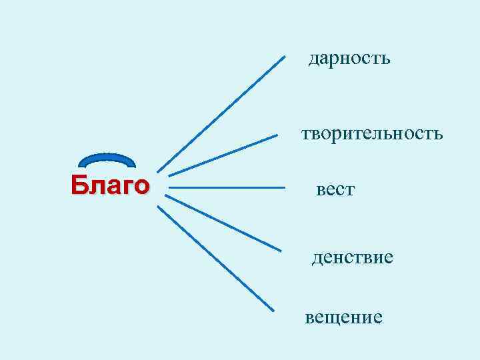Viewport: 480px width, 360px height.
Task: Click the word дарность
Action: coord(349,59)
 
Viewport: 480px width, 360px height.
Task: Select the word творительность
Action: coord(371,134)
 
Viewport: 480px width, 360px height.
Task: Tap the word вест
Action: coord(335,191)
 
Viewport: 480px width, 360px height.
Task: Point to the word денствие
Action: coord(352,257)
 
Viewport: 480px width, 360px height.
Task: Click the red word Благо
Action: coord(110,184)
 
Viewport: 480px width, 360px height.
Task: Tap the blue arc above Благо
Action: coord(107,157)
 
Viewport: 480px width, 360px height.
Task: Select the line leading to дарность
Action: coord(221,113)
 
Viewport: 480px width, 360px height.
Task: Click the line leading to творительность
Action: coord(223,155)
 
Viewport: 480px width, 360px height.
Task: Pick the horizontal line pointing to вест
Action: coord(227,188)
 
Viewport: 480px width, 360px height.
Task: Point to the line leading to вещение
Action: coord(215,258)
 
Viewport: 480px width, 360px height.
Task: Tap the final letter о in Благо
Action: coord(141,185)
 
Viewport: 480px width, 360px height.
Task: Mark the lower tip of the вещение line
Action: coord(273,310)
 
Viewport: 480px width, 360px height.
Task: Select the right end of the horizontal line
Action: coord(284,188)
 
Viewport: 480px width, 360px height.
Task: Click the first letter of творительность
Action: coord(305,135)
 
